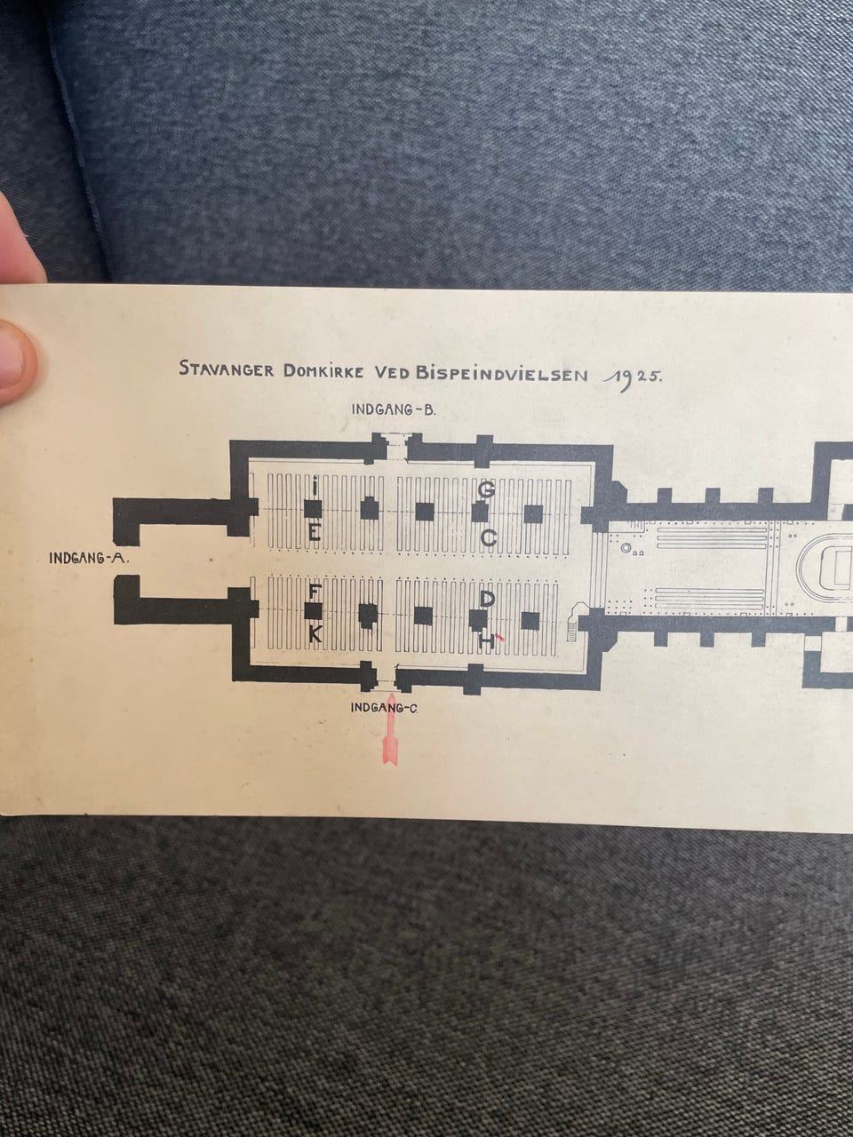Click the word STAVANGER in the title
coord(227,370)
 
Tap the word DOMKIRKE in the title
coord(323,371)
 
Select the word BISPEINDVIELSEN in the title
coord(502,374)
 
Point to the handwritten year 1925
coord(631,379)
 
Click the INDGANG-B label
coord(395,409)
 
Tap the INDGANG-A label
coord(90,559)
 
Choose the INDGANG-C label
coord(384,708)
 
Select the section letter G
coord(486,489)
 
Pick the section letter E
coord(314,533)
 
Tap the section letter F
coord(313,592)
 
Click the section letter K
coord(315,633)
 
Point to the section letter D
coord(487,600)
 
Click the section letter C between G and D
coord(489,538)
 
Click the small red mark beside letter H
coord(499,637)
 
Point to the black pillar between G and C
coord(480,513)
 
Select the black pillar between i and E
coord(312,510)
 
